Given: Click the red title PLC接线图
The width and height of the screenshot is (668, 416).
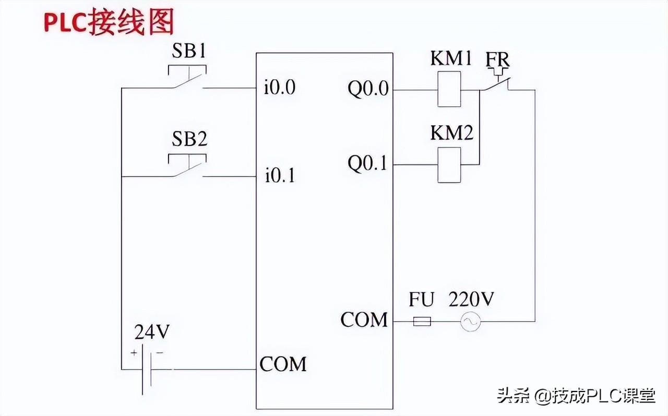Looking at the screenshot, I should tap(108, 23).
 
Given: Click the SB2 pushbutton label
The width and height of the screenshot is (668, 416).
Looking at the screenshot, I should tap(189, 139).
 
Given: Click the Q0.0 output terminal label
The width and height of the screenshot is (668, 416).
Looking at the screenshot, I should tap(368, 89).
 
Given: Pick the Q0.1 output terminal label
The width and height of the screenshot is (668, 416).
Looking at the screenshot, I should tap(368, 164).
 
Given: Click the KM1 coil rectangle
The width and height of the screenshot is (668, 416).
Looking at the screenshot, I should tap(449, 89).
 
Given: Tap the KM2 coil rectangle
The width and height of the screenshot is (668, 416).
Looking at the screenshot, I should tap(449, 165).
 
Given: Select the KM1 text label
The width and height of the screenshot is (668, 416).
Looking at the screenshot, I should tap(451, 58).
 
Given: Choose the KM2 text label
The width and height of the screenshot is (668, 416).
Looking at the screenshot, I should tap(451, 133).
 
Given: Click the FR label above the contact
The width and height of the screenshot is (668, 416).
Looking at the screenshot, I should tap(497, 59).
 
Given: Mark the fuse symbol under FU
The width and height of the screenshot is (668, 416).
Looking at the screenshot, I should tap(422, 322).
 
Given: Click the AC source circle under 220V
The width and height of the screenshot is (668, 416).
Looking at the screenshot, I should tap(470, 322).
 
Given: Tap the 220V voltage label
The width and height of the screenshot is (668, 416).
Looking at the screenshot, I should tap(471, 300).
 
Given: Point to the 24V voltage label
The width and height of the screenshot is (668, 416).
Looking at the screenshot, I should tap(152, 332).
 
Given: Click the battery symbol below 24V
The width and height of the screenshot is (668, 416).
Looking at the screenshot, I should tap(146, 370).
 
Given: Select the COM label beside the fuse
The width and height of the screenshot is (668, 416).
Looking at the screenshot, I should tap(364, 320).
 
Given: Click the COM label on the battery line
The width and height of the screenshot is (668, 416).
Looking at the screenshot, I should tap(283, 364).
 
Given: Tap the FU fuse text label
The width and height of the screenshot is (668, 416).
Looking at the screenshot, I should tap(422, 300).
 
